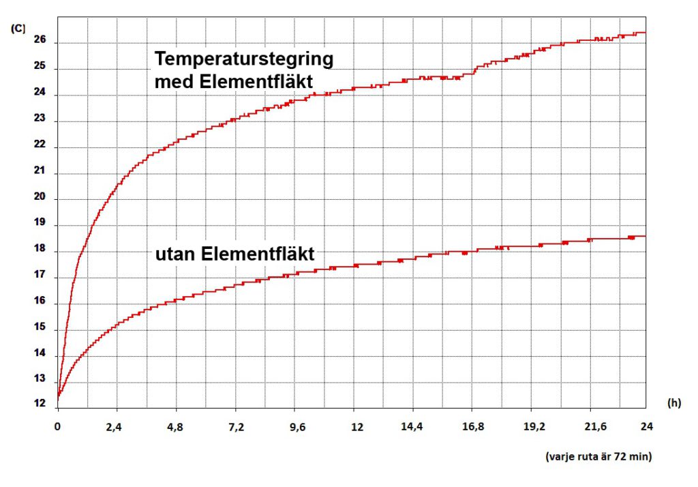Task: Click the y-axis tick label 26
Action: (x=39, y=41)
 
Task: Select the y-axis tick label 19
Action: (x=39, y=224)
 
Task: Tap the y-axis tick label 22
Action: (x=39, y=145)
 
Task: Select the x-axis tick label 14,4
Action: (x=412, y=427)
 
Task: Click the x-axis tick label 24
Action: (x=646, y=427)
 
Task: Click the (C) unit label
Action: (x=18, y=28)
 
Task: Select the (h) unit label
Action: (x=674, y=404)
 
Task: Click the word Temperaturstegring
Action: (x=244, y=59)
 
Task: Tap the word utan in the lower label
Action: (x=175, y=255)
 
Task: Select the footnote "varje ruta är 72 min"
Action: (x=598, y=457)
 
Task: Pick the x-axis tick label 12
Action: (x=353, y=427)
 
